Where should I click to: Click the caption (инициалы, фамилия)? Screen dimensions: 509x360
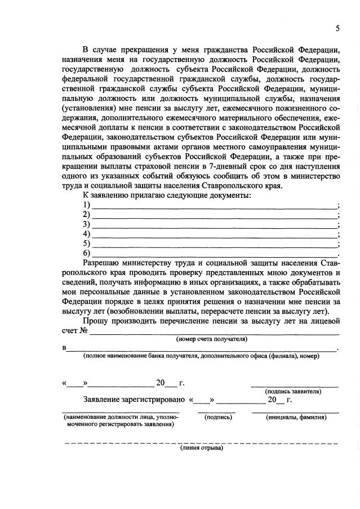[x=295, y=417]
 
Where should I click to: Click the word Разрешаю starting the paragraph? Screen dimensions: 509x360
[x=101, y=263]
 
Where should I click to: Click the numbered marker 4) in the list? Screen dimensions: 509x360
[x=86, y=234]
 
